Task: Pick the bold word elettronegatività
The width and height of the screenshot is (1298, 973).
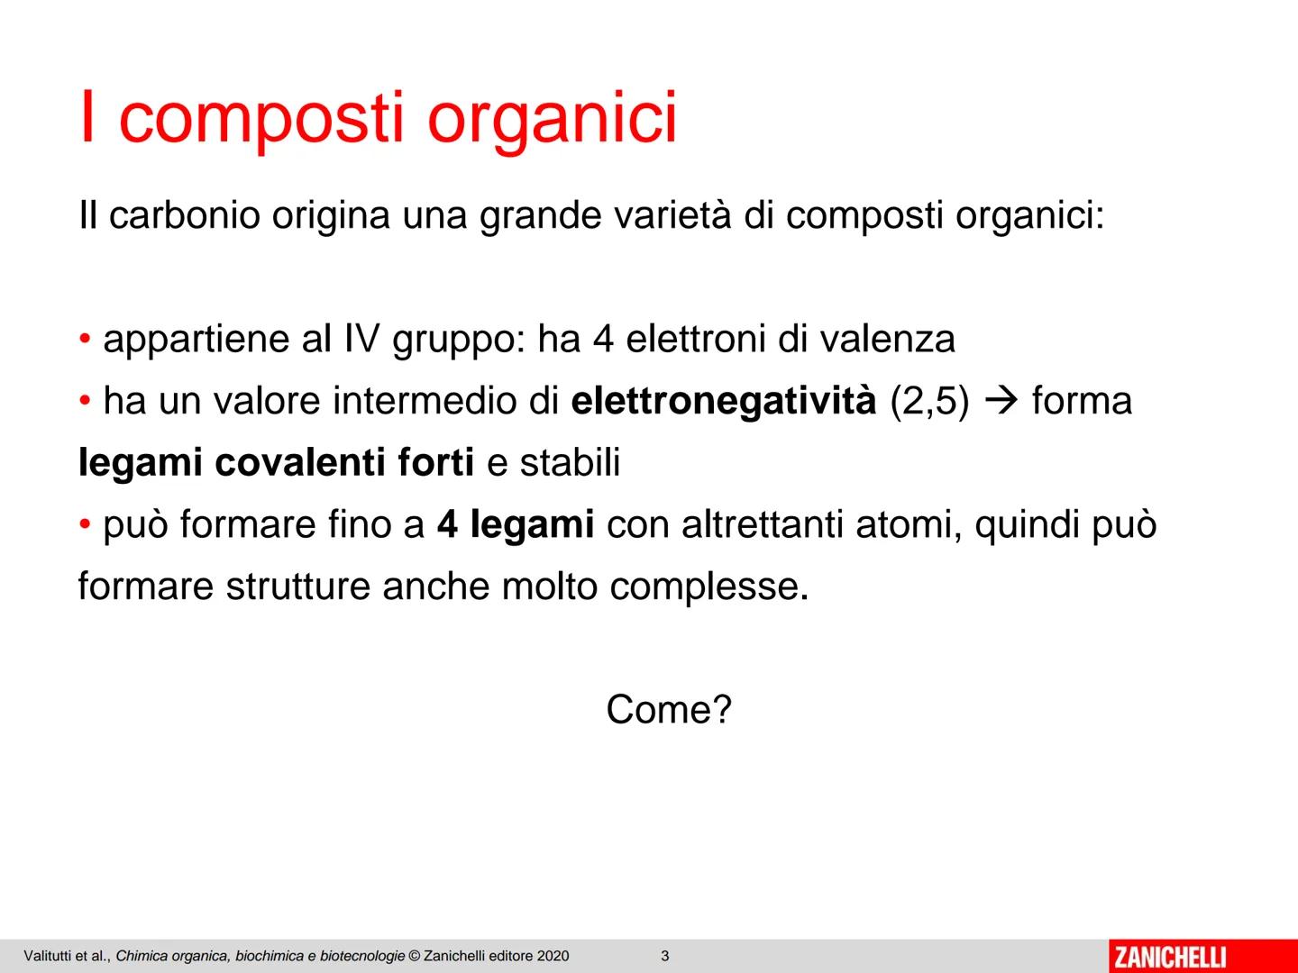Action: (723, 402)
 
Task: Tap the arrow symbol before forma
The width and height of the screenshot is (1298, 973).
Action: (1001, 402)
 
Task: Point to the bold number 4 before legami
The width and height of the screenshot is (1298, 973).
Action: (447, 525)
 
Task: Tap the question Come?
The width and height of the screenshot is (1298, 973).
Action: (669, 710)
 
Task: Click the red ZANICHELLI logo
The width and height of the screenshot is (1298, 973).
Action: (1169, 956)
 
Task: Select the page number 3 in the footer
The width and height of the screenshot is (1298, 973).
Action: (665, 956)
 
